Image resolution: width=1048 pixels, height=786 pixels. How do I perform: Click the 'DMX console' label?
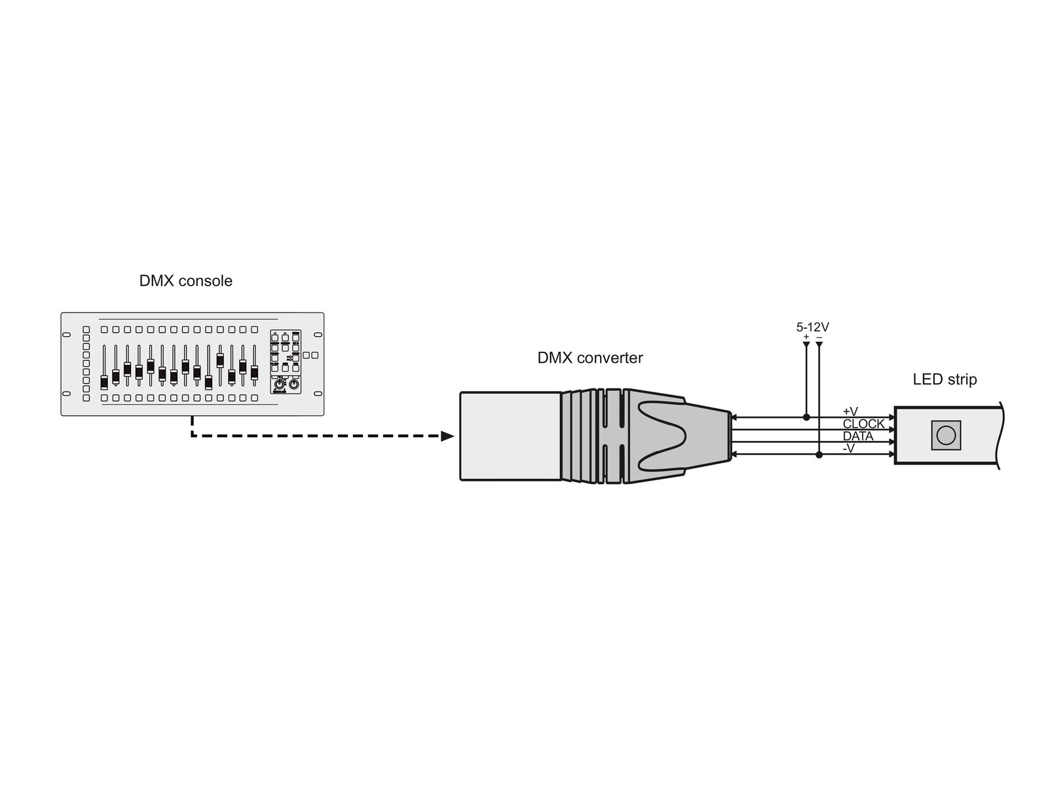tap(186, 280)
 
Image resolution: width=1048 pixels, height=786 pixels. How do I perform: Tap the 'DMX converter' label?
tap(590, 358)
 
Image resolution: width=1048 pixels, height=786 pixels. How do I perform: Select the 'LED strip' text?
tap(945, 379)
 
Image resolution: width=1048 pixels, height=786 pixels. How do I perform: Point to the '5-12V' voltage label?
tap(813, 327)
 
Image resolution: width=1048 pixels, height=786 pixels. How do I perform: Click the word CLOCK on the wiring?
tap(864, 423)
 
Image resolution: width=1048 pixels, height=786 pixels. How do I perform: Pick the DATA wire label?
tap(858, 436)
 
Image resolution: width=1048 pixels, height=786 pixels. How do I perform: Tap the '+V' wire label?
tap(850, 411)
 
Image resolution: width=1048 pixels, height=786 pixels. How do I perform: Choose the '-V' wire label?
tap(848, 448)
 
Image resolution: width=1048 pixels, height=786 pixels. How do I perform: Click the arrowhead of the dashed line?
tap(447, 436)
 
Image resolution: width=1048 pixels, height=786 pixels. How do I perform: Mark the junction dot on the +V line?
tap(806, 417)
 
